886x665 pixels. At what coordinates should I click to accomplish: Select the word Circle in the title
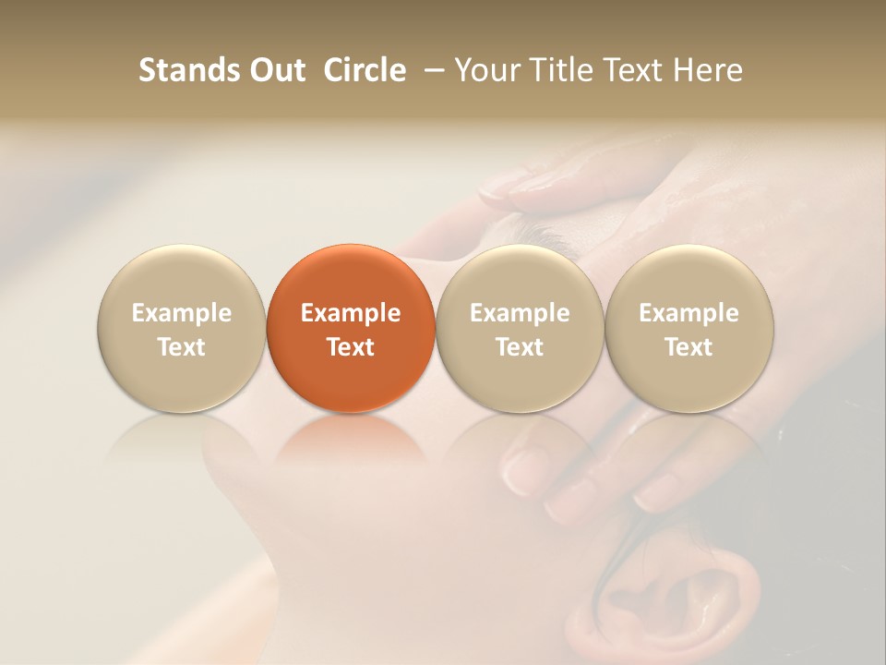click(365, 70)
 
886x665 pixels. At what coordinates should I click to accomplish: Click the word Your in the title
click(487, 70)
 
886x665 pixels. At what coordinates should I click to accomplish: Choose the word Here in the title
click(708, 70)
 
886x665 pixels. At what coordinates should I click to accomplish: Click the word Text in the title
click(634, 70)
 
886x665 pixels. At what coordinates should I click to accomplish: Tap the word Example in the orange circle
click(351, 313)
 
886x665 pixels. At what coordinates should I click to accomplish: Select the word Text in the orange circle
click(351, 347)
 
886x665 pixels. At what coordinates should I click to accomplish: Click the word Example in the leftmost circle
click(182, 313)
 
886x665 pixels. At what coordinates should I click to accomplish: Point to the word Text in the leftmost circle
click(182, 347)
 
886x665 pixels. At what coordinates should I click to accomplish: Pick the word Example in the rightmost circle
click(689, 313)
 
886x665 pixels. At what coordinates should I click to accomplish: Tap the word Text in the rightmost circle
click(689, 347)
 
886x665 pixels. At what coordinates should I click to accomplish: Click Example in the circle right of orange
click(520, 313)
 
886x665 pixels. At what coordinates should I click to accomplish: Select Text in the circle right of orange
click(520, 347)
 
